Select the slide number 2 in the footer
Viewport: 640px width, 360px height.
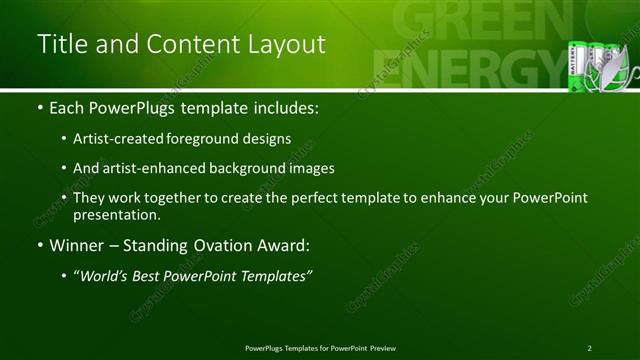point(590,348)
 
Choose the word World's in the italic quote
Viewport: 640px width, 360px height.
point(107,275)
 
